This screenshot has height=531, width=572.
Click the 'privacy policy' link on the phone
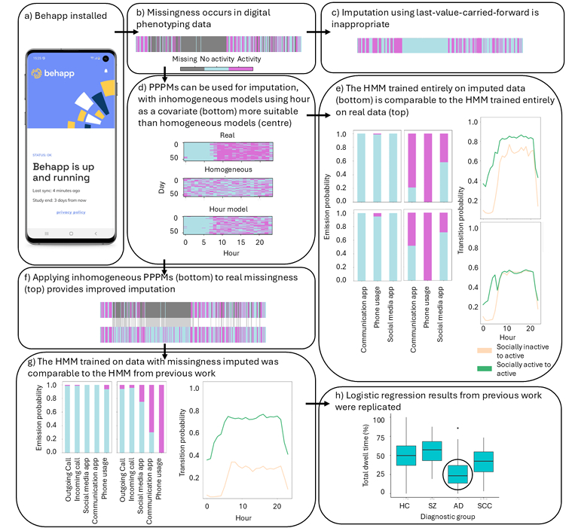72,213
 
